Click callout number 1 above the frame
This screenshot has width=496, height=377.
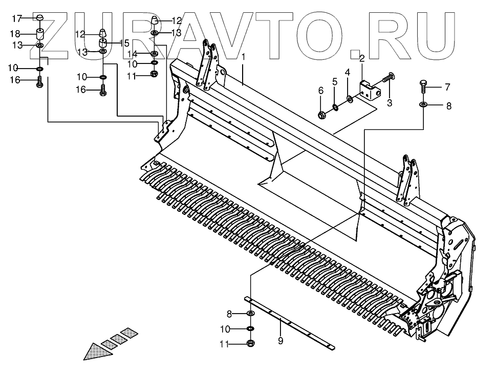click(244, 56)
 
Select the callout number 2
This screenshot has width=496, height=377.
click(361, 58)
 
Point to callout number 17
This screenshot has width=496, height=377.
click(16, 19)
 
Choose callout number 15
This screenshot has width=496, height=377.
click(124, 43)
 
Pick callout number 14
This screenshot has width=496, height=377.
click(132, 54)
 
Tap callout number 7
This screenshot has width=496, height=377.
click(446, 86)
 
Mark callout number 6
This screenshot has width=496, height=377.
click(321, 91)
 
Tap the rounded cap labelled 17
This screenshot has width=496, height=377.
click(39, 18)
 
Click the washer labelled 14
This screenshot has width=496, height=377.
click(154, 53)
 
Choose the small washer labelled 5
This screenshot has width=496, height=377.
click(335, 107)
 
